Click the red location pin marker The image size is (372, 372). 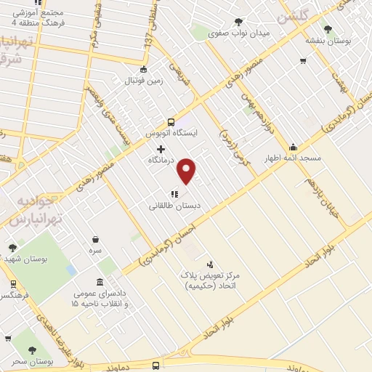(x=187, y=170)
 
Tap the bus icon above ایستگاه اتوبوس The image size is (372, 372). (x=171, y=122)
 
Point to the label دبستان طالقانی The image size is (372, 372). (x=174, y=206)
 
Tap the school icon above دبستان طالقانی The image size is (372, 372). (x=174, y=194)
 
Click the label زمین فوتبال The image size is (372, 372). (x=144, y=82)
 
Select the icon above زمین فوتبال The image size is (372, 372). (x=143, y=70)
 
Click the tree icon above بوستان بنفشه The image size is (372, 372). (x=328, y=30)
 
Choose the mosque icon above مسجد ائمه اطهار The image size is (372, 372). (x=293, y=147)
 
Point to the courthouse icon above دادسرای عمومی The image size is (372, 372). (x=100, y=282)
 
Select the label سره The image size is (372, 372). (x=96, y=250)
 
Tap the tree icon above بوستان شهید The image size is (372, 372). (x=12, y=248)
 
